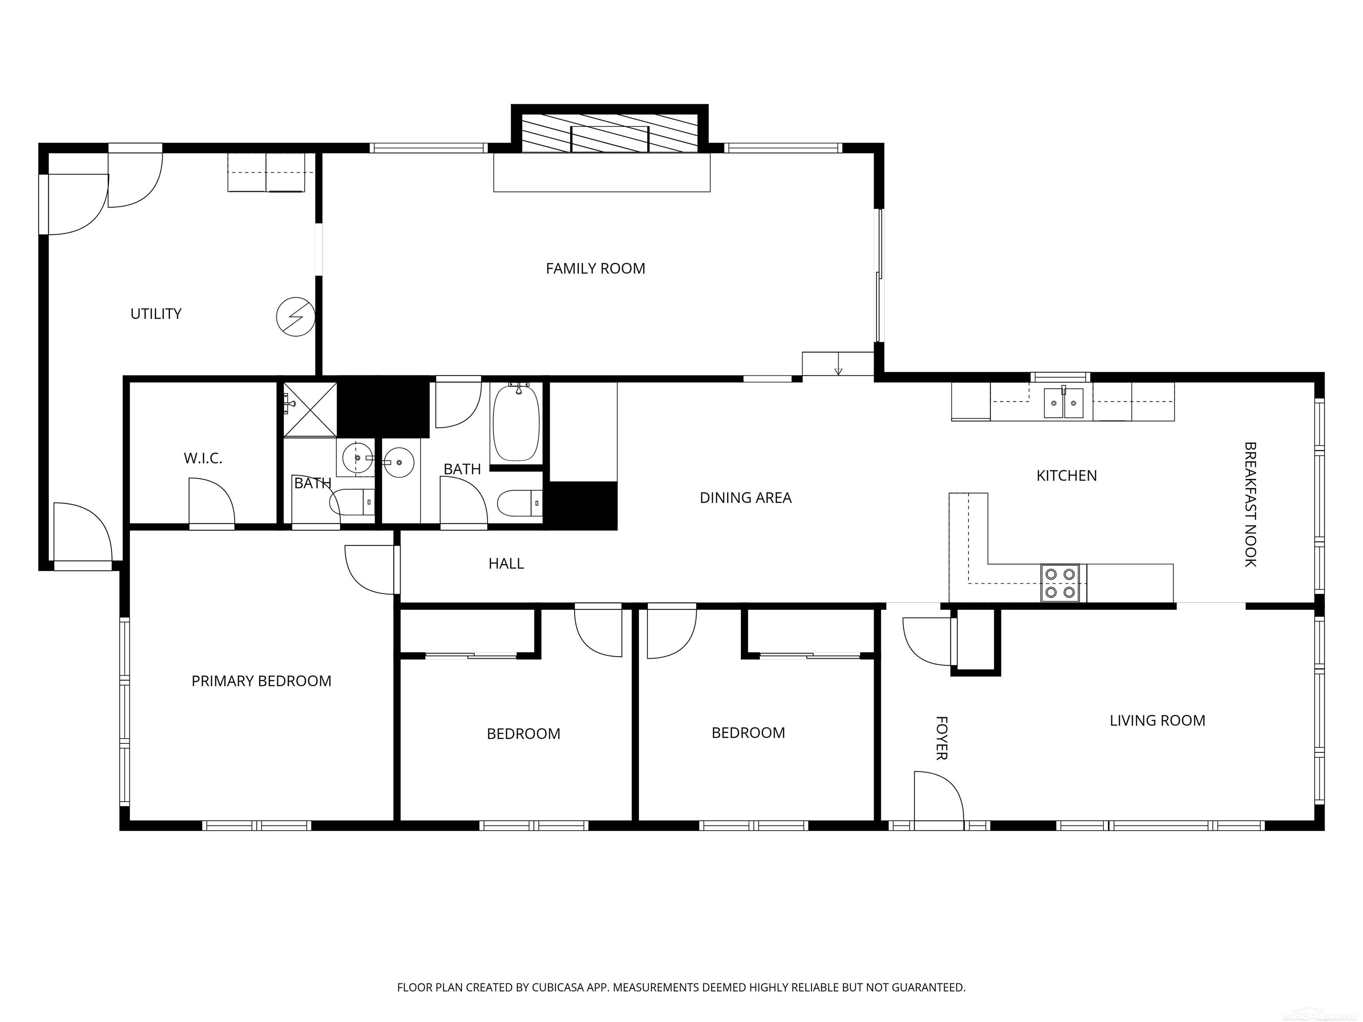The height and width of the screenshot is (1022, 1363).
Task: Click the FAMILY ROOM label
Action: (595, 269)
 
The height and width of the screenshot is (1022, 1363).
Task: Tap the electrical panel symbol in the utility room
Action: (296, 317)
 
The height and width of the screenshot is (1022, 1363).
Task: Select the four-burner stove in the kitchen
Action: (1060, 583)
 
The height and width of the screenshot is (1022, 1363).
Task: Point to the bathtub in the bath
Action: (516, 423)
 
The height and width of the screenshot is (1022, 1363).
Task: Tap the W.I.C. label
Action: (203, 458)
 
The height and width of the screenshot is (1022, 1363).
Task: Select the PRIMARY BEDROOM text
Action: (261, 681)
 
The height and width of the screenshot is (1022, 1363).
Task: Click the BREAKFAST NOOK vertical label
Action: (1250, 504)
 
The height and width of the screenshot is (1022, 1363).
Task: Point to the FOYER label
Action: (941, 737)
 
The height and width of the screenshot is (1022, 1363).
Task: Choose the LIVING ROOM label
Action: (1157, 720)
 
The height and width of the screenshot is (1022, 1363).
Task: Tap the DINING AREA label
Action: (745, 498)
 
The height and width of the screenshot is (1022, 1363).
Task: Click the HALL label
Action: (506, 563)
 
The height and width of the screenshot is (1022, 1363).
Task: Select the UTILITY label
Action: (156, 314)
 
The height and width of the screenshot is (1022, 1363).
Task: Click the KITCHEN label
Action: (1067, 476)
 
